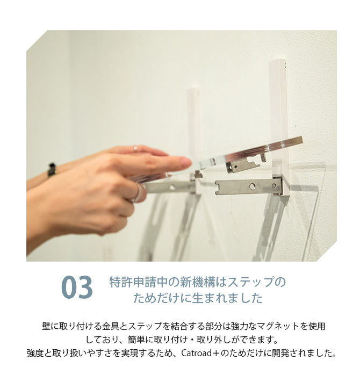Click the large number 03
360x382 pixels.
pos(77,287)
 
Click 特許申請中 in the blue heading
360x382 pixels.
pos(139,282)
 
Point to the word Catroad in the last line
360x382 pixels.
pos(197,353)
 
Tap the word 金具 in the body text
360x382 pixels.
pos(111,326)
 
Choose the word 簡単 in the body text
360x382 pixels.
pos(136,340)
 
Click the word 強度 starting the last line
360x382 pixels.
pos(35,353)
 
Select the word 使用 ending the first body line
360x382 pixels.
pos(316,326)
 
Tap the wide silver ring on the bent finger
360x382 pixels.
pos(137,193)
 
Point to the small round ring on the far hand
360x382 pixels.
pos(135,148)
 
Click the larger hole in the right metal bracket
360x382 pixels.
pos(252,187)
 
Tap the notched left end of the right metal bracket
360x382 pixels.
pos(218,188)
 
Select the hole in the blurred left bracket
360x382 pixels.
pos(172,188)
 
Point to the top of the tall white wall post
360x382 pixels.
pos(277,60)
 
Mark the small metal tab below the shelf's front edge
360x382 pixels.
pos(198,174)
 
